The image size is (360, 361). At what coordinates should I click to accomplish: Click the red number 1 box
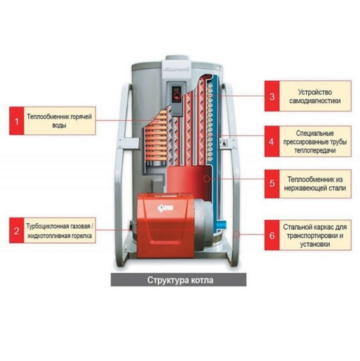[16, 121]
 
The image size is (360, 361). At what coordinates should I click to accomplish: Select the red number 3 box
[272, 96]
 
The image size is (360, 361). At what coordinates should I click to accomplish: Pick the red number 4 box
[272, 141]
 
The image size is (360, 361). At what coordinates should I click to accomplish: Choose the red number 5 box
[272, 183]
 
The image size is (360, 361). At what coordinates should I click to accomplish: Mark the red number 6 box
[272, 235]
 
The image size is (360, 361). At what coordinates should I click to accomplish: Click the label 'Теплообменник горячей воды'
[59, 121]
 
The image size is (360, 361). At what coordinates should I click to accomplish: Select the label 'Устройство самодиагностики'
[314, 96]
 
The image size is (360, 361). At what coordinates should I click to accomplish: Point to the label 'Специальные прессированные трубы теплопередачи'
[314, 141]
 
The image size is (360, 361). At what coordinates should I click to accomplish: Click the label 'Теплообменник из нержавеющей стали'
[314, 183]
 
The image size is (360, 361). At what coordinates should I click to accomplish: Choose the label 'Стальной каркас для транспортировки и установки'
[314, 235]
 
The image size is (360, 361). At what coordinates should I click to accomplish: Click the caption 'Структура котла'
[180, 280]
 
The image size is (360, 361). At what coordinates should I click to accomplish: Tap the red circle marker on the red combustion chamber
[206, 179]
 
